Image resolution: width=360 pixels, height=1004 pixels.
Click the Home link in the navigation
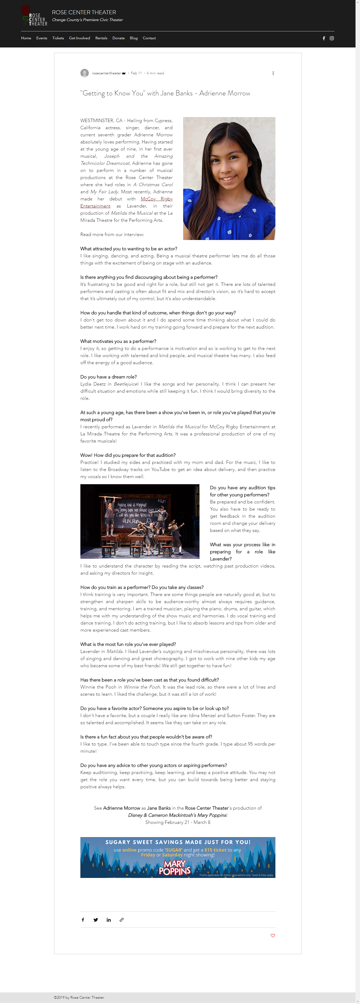(26, 38)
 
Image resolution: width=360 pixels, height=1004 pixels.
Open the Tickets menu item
(58, 38)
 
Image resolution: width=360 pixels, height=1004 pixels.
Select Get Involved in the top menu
(80, 38)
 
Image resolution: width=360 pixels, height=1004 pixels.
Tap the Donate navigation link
(118, 38)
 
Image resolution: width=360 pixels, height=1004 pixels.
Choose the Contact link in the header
(149, 38)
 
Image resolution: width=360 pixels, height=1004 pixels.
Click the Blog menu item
(134, 38)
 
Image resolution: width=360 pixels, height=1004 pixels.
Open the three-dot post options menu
(273, 73)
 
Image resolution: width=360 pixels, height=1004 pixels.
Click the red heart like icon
(273, 935)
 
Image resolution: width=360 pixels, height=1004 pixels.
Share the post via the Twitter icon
(95, 920)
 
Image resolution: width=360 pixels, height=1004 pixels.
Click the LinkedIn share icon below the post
(109, 920)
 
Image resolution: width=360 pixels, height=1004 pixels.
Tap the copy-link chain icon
(121, 920)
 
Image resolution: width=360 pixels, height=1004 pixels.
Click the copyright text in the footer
(79, 998)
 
